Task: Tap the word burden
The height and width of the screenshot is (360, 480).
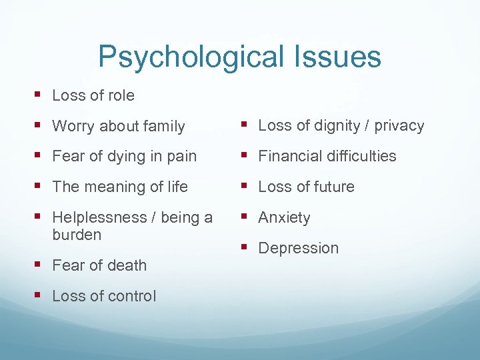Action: coord(77,235)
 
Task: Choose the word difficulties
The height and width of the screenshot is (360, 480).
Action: coord(361,157)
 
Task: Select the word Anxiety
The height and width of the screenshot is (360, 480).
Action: coord(284,218)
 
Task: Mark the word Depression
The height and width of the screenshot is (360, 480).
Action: coord(298,249)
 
